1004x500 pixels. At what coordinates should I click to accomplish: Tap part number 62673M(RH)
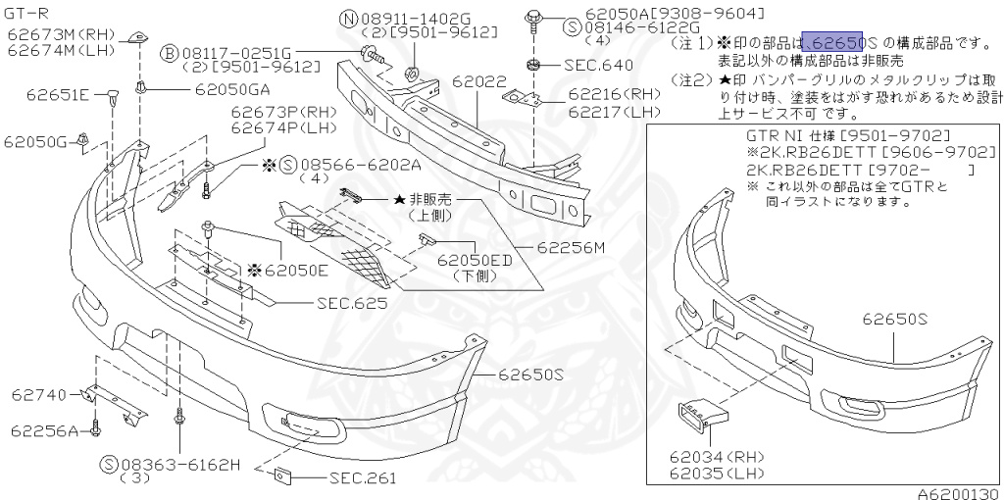point(61,35)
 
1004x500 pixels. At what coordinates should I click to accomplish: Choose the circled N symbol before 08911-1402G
point(348,18)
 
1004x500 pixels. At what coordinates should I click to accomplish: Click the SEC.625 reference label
point(351,303)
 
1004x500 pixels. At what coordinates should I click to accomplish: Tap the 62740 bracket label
point(39,395)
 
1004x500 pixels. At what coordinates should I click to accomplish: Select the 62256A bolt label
point(45,430)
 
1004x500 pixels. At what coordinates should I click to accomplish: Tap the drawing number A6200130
point(959,493)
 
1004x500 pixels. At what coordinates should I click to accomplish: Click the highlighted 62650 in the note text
point(832,42)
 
